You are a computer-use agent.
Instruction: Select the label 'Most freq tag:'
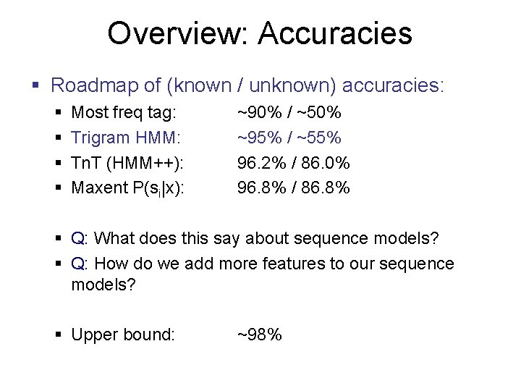click(x=124, y=113)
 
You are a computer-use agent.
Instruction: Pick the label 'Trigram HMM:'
click(x=126, y=138)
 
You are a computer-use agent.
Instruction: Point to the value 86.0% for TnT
click(x=325, y=163)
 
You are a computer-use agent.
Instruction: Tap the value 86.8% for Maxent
click(x=325, y=188)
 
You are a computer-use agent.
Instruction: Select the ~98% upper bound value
click(x=260, y=335)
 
